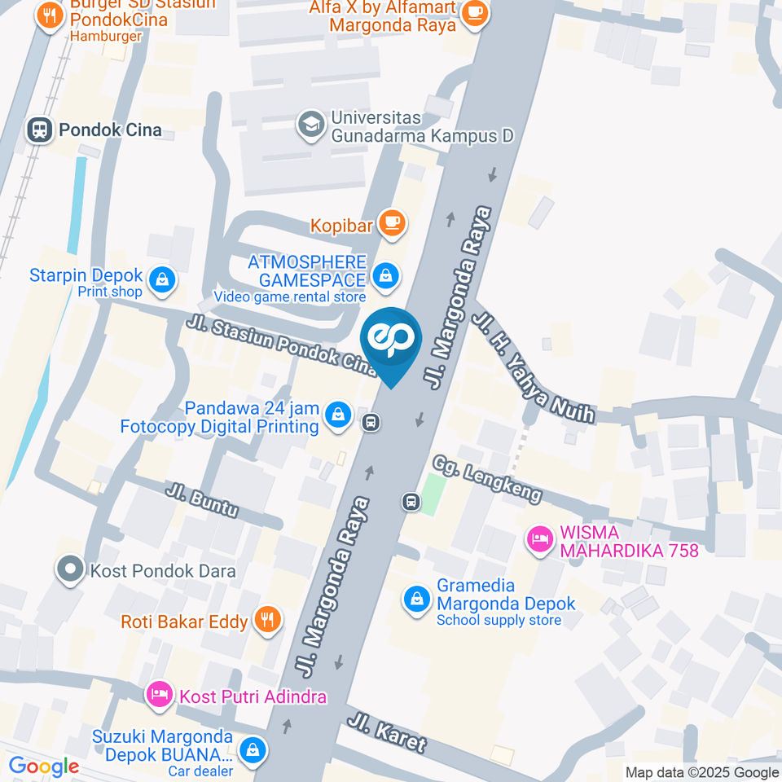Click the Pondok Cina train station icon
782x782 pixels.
coord(38,130)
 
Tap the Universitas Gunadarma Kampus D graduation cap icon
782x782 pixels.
coord(311,125)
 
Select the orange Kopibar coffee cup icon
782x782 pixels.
coord(393,222)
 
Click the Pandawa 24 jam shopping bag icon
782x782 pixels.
coord(336,415)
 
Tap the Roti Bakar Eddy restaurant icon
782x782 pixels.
coord(266,621)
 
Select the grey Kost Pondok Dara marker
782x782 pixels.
coord(71,569)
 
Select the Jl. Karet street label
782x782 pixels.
coord(386,731)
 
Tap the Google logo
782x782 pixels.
coord(44,766)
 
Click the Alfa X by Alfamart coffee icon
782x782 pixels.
coord(474,14)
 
